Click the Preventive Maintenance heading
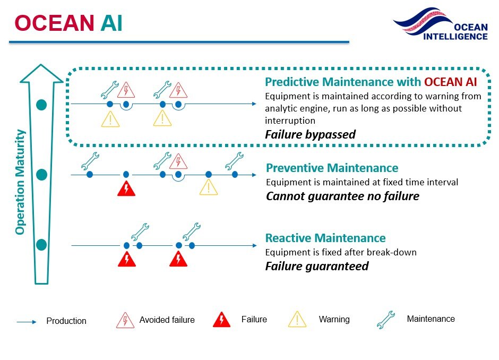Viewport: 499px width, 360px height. pos(332,168)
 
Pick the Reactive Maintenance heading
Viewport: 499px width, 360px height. pos(325,238)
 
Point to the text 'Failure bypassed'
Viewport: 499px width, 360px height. pos(310,135)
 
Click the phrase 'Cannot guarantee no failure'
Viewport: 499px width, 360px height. pos(342,196)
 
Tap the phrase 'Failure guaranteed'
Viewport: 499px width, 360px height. pos(316,266)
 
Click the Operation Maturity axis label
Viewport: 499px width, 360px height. pos(21,182)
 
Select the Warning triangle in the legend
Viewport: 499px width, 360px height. pos(297,320)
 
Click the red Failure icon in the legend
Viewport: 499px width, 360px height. pos(221,320)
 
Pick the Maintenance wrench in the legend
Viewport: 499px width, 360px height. pos(386,320)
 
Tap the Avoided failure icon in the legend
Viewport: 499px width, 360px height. pos(125,320)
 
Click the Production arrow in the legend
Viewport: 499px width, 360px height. pos(27,322)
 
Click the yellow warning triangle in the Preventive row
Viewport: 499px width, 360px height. pos(209,187)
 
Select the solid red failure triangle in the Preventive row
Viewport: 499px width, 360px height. pos(126,188)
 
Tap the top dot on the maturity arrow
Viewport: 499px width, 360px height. pos(41,105)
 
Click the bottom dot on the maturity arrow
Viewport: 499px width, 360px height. pos(41,245)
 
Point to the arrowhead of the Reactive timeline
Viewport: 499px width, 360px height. pos(253,246)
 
